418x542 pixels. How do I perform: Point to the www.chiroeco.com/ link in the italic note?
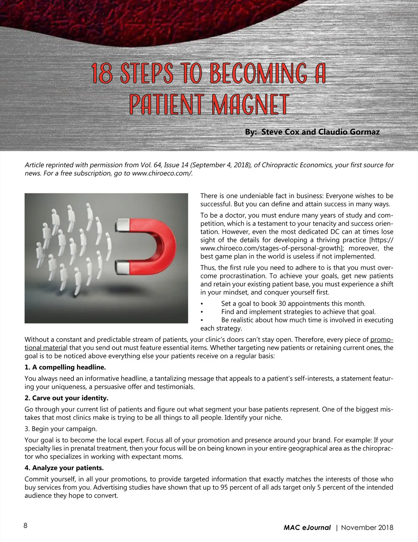(162, 173)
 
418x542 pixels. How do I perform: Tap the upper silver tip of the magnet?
(122, 224)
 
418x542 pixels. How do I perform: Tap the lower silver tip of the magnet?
(122, 267)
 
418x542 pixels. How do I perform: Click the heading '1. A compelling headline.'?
(65, 367)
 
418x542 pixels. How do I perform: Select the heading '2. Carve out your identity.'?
(67, 398)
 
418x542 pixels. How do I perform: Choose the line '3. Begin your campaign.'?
(61, 429)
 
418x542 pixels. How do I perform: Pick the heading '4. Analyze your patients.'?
(64, 468)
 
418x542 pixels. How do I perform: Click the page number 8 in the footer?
(25, 526)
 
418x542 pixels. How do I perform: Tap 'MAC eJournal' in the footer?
(307, 528)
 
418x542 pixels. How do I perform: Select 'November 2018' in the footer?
(367, 528)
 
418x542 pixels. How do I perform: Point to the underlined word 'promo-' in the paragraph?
(382, 340)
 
